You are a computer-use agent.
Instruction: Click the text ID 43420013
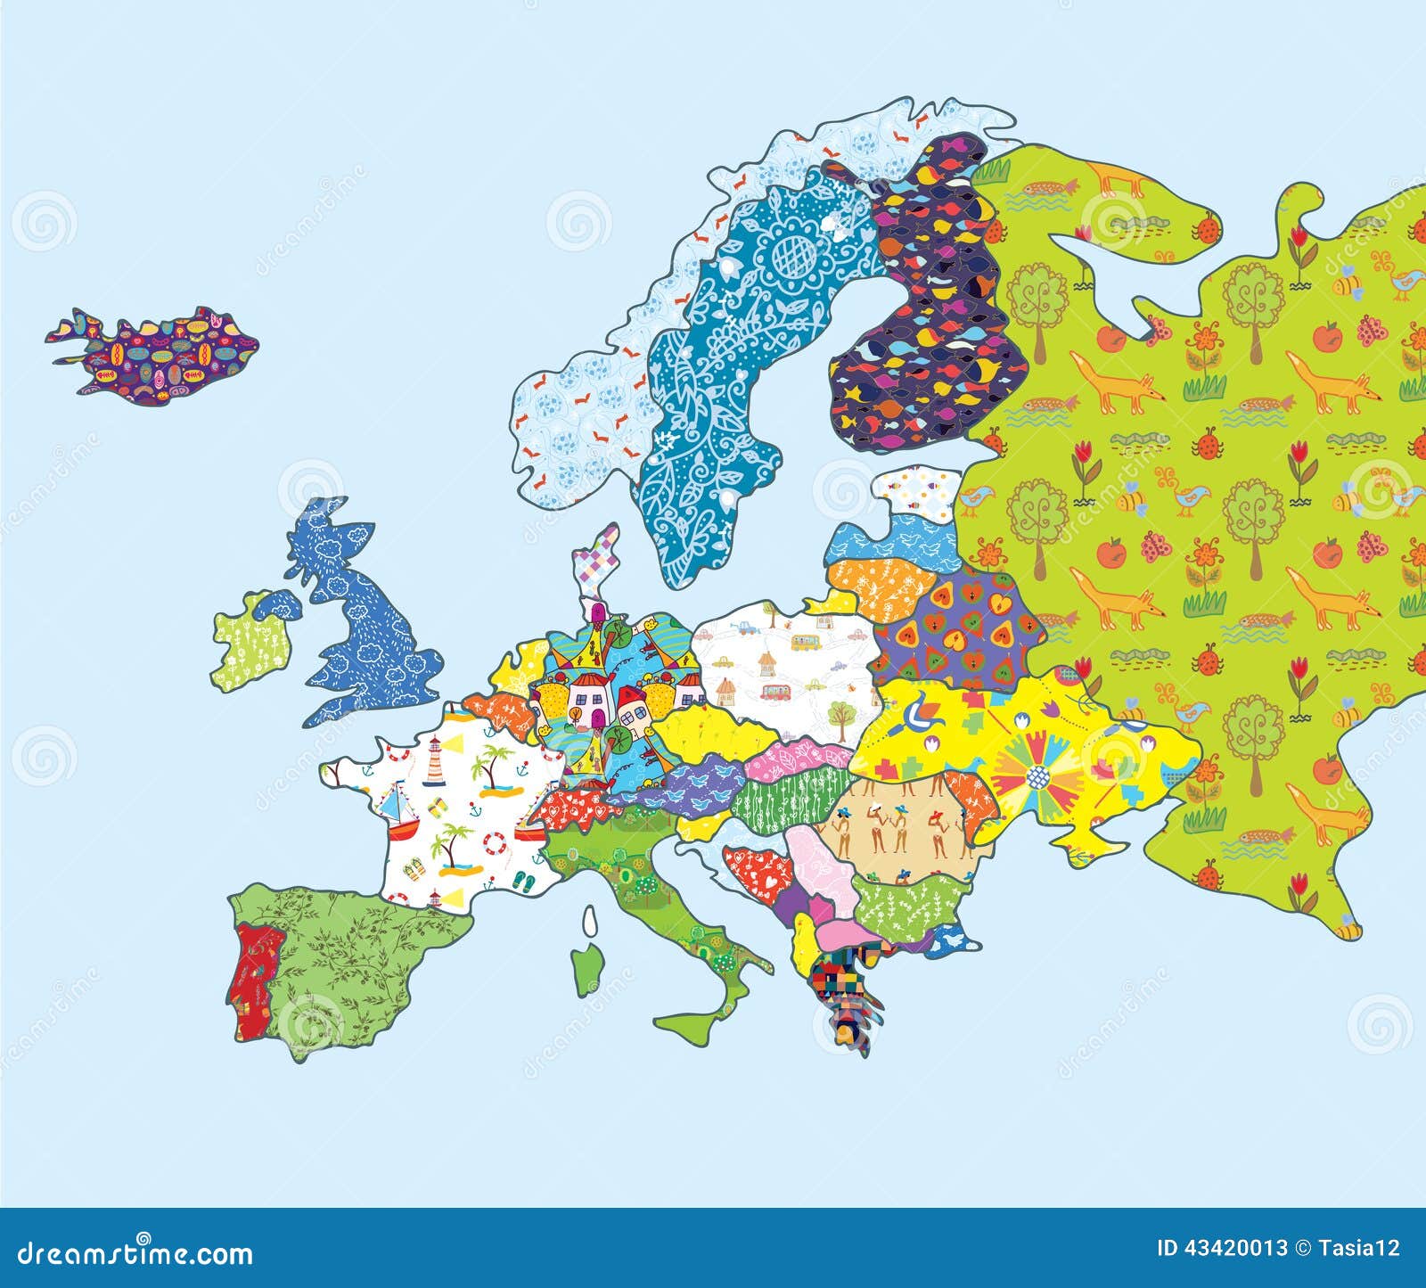click(x=1221, y=1248)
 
